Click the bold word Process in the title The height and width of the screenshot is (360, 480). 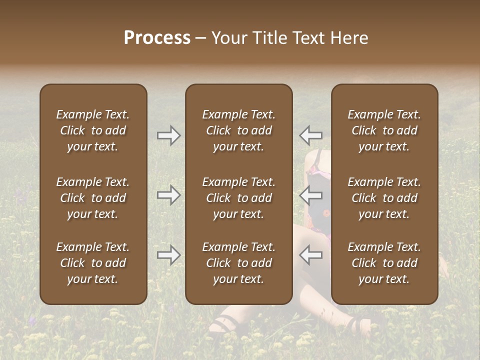point(157,38)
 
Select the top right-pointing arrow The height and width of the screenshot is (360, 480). point(169,135)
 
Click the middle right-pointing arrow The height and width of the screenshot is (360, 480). point(169,195)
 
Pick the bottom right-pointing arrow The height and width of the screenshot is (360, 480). point(169,255)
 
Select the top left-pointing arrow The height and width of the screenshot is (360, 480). point(310,135)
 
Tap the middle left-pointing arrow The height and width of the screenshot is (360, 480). point(310,195)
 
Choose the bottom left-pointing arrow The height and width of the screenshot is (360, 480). point(310,255)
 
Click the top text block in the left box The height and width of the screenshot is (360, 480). point(93,130)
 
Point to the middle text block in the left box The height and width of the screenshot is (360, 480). point(93,198)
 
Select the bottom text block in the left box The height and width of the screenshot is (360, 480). point(93,263)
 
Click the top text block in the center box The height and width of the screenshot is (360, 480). point(238,130)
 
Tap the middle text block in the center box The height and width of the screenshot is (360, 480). point(238,198)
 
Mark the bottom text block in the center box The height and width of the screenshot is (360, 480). point(238,263)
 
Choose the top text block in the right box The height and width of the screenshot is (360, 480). point(384,130)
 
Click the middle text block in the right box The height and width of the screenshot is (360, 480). point(384,198)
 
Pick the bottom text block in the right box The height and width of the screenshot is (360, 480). point(384,263)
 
